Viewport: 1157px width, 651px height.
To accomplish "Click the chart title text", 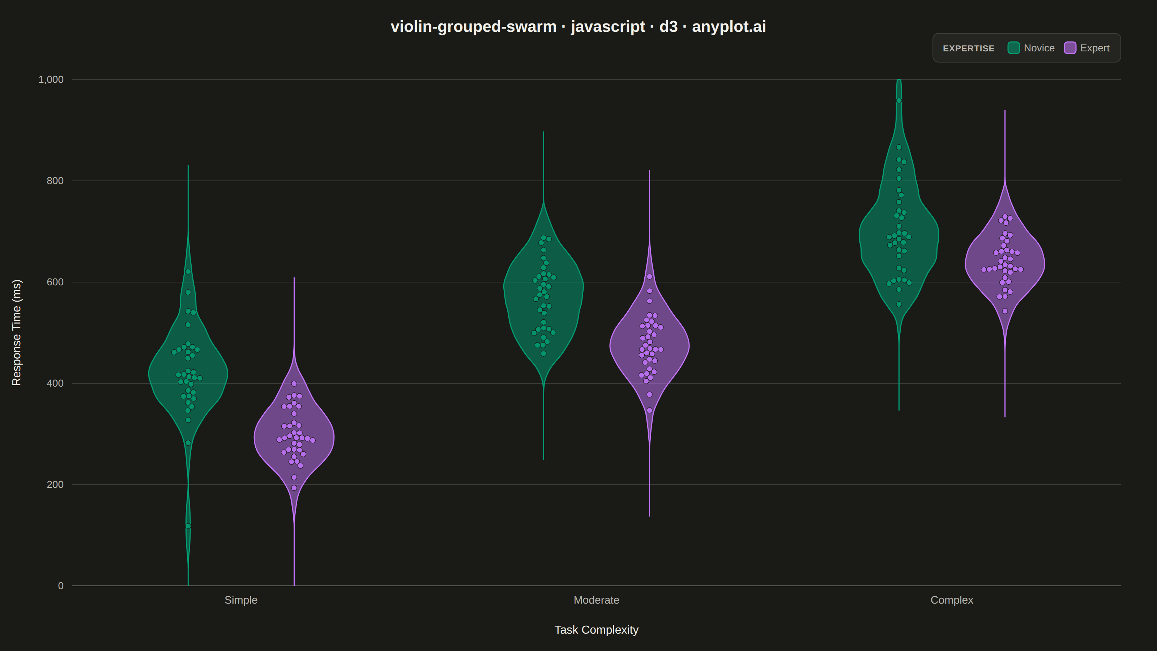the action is pyautogui.click(x=578, y=26).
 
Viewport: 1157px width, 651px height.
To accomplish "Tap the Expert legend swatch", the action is pyautogui.click(x=1070, y=48).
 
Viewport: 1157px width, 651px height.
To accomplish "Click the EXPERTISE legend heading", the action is pyautogui.click(x=968, y=48).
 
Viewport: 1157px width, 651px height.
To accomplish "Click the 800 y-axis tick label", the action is pyautogui.click(x=55, y=180).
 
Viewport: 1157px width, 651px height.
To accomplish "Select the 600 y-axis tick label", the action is pyautogui.click(x=55, y=282).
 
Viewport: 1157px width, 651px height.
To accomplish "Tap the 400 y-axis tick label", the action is pyautogui.click(x=55, y=383).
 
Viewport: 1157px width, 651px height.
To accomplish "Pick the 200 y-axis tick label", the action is pyautogui.click(x=55, y=484).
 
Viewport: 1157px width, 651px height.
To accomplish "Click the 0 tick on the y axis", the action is pyautogui.click(x=61, y=586).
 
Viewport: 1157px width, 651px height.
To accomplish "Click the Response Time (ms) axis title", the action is pyautogui.click(x=17, y=332).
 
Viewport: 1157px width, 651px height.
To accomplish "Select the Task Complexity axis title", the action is pyautogui.click(x=597, y=630).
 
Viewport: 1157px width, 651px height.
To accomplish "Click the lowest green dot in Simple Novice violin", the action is pyautogui.click(x=188, y=526).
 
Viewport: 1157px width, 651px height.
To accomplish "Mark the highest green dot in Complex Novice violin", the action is pyautogui.click(x=899, y=101).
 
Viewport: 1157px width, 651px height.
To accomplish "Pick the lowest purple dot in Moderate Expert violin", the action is pyautogui.click(x=649, y=410).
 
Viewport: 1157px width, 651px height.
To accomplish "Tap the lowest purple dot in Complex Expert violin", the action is pyautogui.click(x=1005, y=311).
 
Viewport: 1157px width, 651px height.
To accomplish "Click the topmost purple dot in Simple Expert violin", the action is pyautogui.click(x=294, y=384).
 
